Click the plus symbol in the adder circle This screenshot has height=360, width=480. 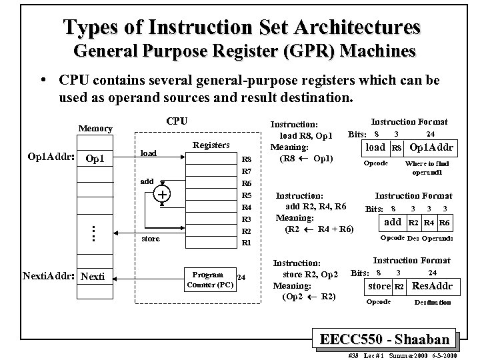tap(162, 194)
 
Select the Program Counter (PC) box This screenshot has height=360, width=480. tap(207, 279)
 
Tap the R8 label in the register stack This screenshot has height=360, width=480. tap(246, 159)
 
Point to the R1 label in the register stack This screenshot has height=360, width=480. tap(246, 243)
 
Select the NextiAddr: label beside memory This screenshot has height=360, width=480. tap(49, 275)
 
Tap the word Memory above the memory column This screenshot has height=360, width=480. tap(95, 128)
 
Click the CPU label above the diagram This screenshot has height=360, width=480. tap(176, 121)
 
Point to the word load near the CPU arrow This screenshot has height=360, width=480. tap(147, 153)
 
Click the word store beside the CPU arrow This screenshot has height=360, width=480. tap(151, 239)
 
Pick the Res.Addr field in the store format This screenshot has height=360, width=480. tap(432, 287)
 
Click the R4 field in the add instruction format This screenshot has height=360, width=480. tap(429, 223)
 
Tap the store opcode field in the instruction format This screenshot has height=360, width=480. tap(379, 287)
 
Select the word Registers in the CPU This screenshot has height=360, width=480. tap(210, 145)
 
